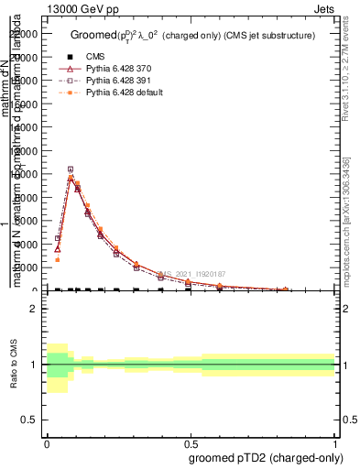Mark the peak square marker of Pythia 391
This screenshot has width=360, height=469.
point(71,169)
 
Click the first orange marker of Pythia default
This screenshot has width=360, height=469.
point(57,259)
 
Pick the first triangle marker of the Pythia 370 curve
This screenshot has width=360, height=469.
point(57,248)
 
